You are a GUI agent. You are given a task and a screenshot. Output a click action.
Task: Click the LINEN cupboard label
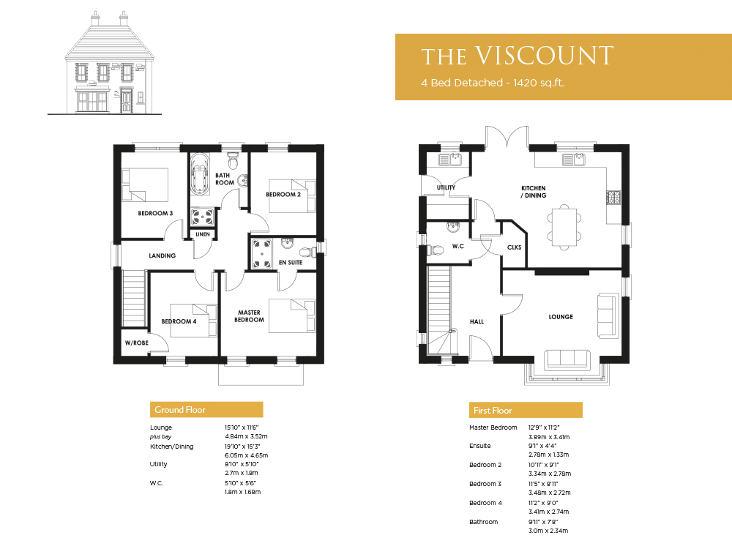click(x=203, y=234)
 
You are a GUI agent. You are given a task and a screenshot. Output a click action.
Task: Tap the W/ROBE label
click(x=137, y=343)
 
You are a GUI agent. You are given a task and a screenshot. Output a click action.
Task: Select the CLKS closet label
click(x=514, y=247)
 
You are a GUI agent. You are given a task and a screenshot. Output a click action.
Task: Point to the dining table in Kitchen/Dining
click(x=564, y=228)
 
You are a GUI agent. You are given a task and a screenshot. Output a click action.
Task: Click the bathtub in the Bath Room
click(x=200, y=173)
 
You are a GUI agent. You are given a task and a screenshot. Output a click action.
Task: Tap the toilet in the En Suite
click(x=307, y=252)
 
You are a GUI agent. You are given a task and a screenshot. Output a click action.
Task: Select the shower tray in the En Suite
click(x=262, y=254)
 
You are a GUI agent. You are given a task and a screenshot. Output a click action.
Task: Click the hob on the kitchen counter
click(x=613, y=197)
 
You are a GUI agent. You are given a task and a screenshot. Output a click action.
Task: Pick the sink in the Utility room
click(x=449, y=160)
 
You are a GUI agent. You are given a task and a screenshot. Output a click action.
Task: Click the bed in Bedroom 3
click(x=145, y=185)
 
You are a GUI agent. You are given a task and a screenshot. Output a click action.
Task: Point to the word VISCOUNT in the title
click(x=545, y=56)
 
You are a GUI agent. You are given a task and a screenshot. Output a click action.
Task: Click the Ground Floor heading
click(x=180, y=410)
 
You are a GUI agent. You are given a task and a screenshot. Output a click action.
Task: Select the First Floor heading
click(x=493, y=411)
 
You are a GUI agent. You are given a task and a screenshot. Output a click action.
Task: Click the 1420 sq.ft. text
click(x=539, y=83)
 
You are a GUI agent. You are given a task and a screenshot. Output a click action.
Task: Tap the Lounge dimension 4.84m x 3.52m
click(x=246, y=436)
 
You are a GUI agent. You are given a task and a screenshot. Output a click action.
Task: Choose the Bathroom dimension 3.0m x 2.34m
click(x=548, y=531)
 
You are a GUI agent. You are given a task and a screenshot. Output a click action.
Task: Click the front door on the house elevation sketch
click(x=127, y=100)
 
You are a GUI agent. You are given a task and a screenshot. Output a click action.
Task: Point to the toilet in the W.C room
click(x=435, y=250)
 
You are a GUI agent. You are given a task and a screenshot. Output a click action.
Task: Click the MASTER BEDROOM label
click(x=250, y=316)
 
